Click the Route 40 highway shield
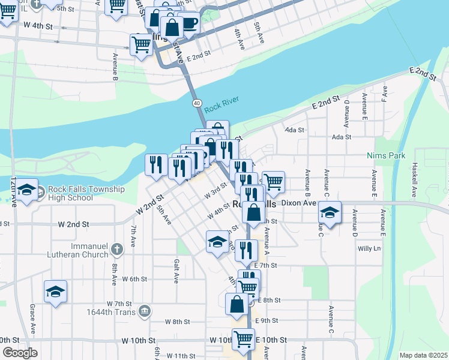[x=197, y=103]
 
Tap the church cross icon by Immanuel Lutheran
[x=116, y=247]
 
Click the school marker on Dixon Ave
[x=330, y=212]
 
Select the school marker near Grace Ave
[x=55, y=292]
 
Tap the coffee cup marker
[x=189, y=23]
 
